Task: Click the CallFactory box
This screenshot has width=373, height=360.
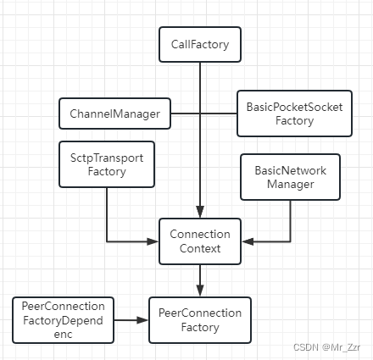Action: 200,45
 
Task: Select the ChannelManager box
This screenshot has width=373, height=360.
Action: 114,114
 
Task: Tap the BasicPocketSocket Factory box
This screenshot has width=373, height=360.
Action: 294,114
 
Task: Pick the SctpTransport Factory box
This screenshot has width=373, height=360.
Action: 107,164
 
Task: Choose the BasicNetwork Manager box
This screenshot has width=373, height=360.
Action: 290,177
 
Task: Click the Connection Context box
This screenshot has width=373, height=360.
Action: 200,241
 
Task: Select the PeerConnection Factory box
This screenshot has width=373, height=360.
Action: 200,320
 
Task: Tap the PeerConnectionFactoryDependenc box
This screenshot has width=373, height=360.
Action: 64,320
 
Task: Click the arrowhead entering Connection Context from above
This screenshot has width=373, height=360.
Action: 200,212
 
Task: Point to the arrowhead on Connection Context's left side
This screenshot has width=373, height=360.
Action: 153,241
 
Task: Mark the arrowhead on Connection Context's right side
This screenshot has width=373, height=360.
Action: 248,241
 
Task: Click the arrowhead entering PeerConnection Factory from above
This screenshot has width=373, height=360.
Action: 200,291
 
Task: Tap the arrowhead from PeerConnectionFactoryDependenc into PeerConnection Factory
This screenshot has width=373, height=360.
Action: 142,320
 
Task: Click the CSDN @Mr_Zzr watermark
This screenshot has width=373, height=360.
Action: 326,347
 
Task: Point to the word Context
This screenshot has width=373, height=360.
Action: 200,248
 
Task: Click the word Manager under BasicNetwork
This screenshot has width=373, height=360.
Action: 291,185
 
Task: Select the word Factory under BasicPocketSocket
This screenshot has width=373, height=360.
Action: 294,121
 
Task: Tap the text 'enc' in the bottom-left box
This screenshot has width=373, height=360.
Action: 63,335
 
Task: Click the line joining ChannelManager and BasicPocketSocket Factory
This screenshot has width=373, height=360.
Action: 204,114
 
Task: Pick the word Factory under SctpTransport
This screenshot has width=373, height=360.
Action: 107,172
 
